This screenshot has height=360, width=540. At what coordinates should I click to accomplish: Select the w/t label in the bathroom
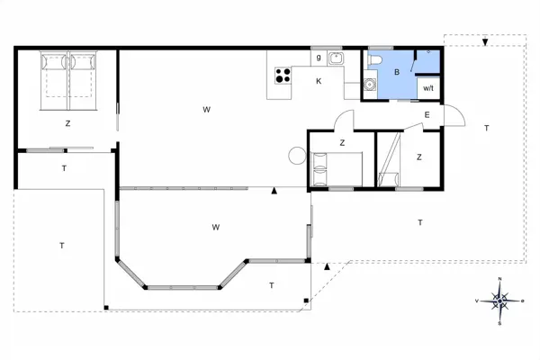click(x=428, y=88)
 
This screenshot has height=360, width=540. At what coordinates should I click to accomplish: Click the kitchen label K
click(x=319, y=81)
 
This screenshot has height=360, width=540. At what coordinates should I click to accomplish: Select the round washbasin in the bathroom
click(x=370, y=86)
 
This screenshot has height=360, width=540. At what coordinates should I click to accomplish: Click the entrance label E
click(x=427, y=114)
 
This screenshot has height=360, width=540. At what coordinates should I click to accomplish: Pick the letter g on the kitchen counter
click(x=319, y=58)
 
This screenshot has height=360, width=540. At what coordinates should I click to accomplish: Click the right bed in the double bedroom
click(x=83, y=76)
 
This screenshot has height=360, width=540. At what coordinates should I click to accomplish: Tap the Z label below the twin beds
click(x=67, y=123)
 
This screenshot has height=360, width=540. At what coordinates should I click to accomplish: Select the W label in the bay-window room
click(x=216, y=226)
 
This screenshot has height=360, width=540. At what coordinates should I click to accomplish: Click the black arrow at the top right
click(x=485, y=42)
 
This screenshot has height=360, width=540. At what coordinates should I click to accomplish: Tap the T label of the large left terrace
click(x=61, y=244)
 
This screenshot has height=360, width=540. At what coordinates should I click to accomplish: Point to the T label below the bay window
click(x=272, y=285)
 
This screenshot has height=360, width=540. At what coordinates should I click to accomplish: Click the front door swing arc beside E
click(x=456, y=117)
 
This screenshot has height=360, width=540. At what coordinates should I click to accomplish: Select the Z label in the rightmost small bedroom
click(x=419, y=157)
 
